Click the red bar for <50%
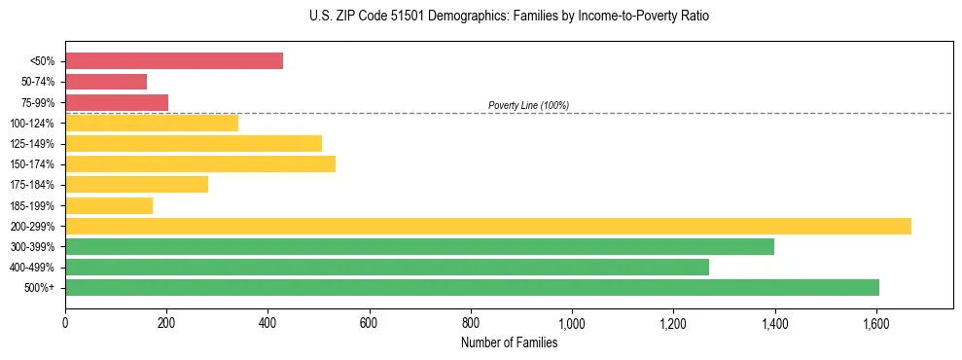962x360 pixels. tap(174, 60)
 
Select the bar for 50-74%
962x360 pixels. tap(106, 82)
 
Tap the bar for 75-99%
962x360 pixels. tap(117, 102)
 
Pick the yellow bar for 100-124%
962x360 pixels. tap(152, 123)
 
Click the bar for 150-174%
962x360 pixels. tap(200, 163)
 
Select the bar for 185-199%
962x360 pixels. tap(109, 205)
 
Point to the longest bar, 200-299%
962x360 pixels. tap(488, 226)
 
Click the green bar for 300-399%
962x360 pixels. tap(419, 246)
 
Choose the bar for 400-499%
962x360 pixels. tap(387, 267)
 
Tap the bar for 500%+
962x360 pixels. tap(472, 287)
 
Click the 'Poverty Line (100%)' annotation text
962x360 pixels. tap(528, 105)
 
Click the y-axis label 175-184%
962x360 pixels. tap(32, 185)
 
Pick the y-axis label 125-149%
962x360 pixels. tap(32, 144)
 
